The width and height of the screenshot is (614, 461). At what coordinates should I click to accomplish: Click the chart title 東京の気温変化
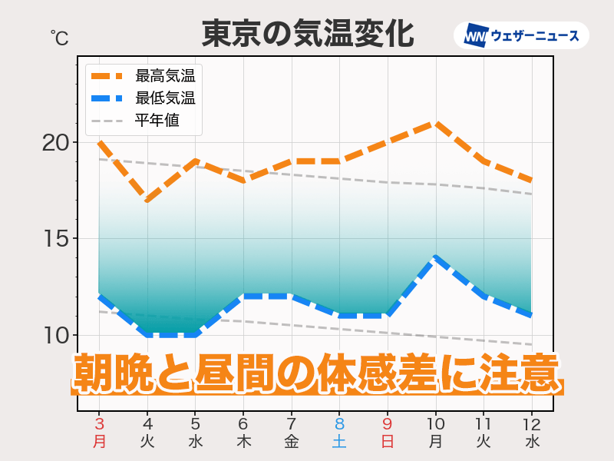point(307,34)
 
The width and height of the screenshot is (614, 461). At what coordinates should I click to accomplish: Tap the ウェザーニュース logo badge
point(522,35)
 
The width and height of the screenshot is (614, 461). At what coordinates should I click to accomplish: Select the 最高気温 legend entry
point(164,75)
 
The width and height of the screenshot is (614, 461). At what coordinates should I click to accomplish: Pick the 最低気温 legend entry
point(164,98)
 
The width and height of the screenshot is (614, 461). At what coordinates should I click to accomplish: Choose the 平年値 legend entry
point(157,121)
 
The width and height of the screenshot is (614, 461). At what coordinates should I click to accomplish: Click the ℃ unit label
point(59,37)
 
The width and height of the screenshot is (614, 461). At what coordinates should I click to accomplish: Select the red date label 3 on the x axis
point(100,424)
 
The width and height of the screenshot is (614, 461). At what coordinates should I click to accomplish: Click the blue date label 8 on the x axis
point(339,424)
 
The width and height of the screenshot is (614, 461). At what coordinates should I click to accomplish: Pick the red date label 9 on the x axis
point(388,424)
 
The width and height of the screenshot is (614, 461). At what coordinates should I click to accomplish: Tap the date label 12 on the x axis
point(531,424)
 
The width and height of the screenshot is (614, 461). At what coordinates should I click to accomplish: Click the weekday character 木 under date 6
point(243,442)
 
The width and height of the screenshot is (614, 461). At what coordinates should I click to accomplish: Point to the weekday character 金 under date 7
point(292,442)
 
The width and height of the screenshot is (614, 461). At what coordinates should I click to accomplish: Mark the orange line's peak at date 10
point(435,124)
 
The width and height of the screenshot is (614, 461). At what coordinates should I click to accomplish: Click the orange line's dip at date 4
point(147,200)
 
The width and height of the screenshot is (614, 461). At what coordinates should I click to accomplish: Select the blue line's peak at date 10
point(435,258)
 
